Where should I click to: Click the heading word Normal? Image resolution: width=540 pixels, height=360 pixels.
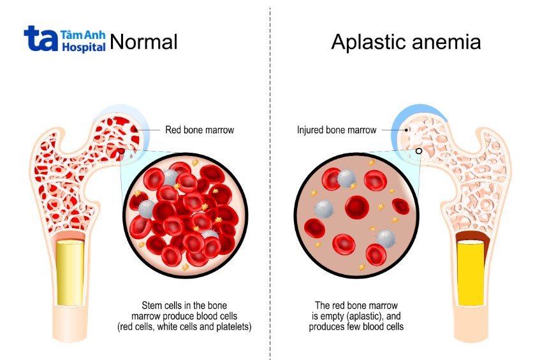(x=143, y=41)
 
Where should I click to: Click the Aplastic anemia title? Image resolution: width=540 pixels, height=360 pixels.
(x=406, y=42)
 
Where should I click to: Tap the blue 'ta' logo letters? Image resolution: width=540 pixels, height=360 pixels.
(x=41, y=38)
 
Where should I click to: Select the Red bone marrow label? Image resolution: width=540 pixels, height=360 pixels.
(x=200, y=130)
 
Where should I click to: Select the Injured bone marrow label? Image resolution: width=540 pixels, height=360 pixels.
(x=337, y=130)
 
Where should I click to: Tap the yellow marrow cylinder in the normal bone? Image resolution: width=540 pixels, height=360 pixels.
(x=70, y=273)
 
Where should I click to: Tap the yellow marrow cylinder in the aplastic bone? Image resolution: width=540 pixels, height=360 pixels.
(x=470, y=273)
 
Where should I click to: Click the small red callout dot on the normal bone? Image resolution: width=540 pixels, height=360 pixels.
(x=121, y=151)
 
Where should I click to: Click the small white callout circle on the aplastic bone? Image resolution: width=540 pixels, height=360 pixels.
(x=419, y=151)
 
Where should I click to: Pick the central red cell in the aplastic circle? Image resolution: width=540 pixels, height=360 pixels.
(x=357, y=207)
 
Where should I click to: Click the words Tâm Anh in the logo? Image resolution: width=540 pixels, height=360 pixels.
(x=83, y=35)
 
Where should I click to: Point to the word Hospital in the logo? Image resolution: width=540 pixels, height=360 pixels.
(x=84, y=47)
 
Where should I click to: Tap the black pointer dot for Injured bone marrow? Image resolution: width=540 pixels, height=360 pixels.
(x=406, y=130)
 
